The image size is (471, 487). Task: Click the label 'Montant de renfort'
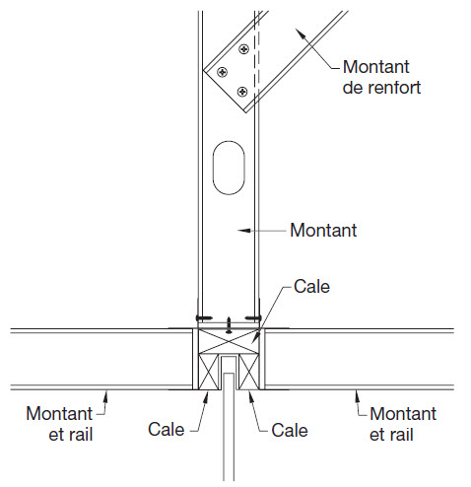tap(381, 77)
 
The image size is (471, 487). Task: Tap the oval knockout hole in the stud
tap(229, 168)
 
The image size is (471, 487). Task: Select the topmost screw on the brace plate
tap(244, 49)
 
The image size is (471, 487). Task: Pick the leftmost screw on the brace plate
tap(223, 72)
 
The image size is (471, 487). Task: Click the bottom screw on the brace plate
tap(242, 92)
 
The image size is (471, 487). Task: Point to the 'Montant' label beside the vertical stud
tap(323, 230)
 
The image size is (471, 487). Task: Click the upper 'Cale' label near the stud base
tap(311, 286)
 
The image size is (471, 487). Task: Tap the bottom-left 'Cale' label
tap(167, 429)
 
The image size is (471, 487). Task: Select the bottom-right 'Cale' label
tap(290, 430)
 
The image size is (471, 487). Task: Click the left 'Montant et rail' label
tap(59, 424)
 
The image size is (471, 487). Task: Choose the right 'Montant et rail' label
tap(403, 424)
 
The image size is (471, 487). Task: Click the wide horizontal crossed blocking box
tap(229, 341)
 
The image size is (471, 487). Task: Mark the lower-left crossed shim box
tap(209, 372)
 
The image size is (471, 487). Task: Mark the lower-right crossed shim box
tap(249, 372)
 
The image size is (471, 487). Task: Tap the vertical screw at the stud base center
tap(229, 325)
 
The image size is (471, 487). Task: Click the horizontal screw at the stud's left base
tap(204, 317)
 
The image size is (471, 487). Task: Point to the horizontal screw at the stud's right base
tap(253, 317)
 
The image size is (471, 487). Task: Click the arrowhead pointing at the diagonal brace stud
tap(300, 34)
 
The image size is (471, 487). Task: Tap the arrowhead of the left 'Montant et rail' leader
tap(105, 396)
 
